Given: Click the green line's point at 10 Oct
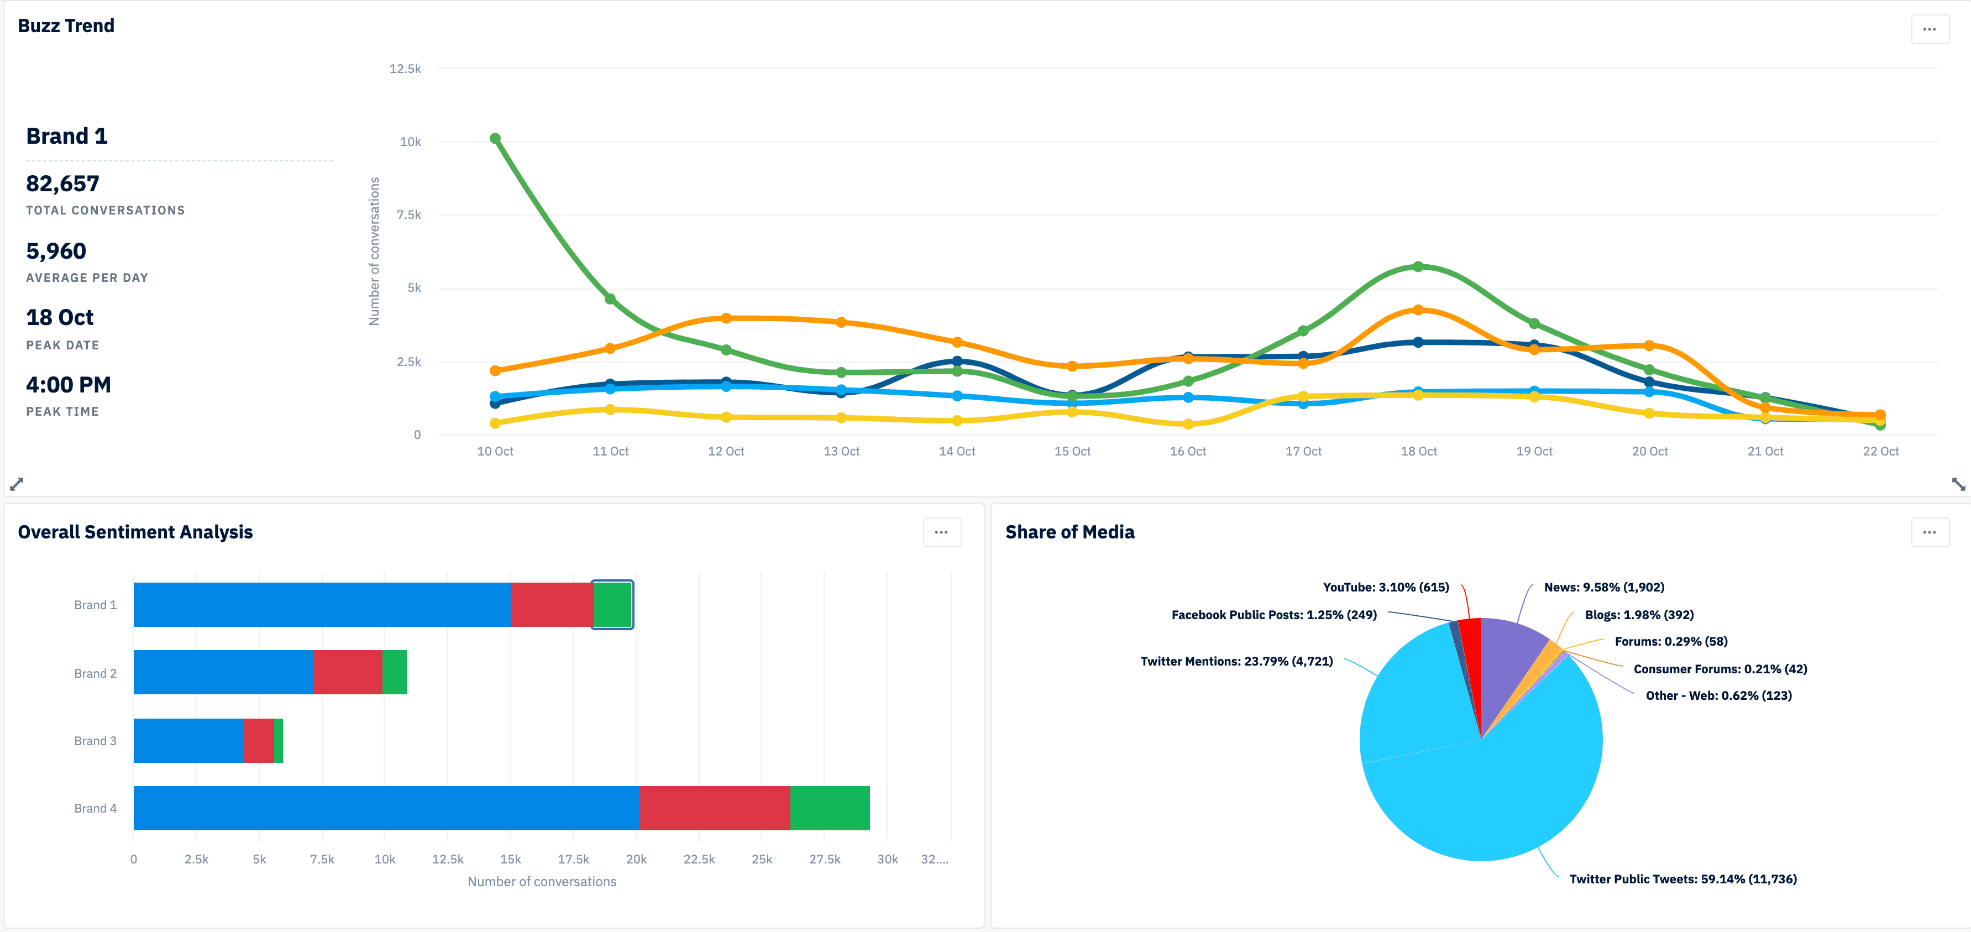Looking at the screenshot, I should pos(495,139).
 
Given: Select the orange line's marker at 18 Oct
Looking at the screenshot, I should pos(1418,310).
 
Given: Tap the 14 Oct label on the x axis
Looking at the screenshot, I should pos(956,452).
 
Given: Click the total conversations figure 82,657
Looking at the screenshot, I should pos(63,184).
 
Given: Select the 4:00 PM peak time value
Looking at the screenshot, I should pos(68,385).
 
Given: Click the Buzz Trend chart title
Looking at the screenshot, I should pos(66,25).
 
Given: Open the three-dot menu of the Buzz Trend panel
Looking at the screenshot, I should pos(1929,30).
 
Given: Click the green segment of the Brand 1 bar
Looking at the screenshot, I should pos(612,605).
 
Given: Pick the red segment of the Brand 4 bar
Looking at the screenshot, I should pos(714,808).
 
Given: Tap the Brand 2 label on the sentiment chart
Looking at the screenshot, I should pos(96,673).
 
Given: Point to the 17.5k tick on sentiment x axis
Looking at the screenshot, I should pos(573,859).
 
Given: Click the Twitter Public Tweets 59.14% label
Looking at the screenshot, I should pos(1682,879).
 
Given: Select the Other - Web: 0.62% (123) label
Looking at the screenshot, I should pos(1718,695).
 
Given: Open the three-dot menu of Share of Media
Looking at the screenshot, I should pos(1929,532).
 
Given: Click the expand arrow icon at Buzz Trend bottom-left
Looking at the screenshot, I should pos(17,484).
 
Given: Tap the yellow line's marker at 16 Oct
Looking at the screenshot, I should pos(1187,424).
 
